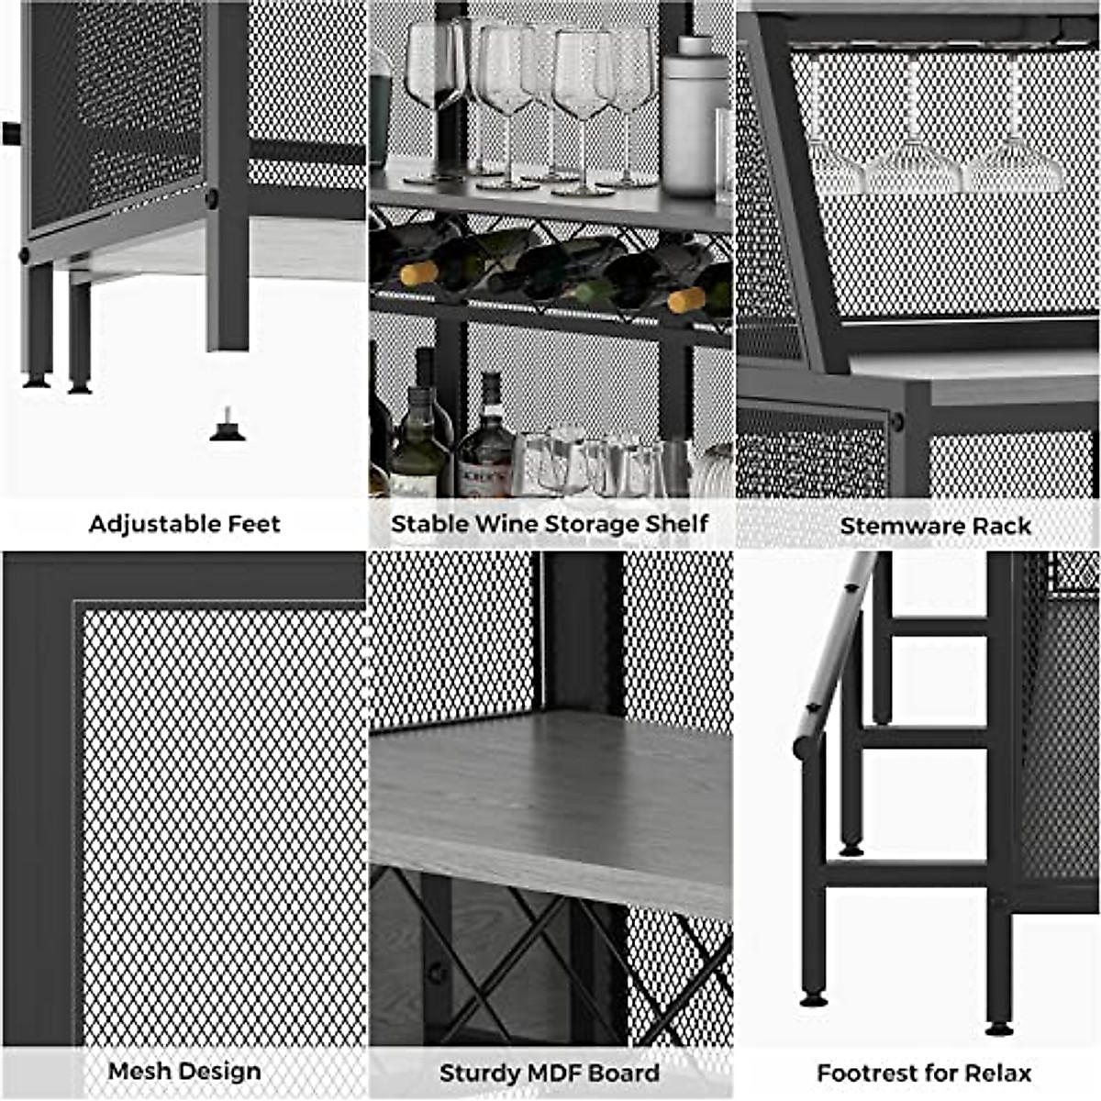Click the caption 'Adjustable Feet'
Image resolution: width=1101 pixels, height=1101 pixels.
coord(184,524)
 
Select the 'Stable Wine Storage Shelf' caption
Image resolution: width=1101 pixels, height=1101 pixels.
coord(550,524)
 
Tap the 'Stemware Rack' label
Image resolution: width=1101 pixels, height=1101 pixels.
coord(935,526)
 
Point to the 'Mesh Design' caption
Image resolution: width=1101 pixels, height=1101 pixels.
coord(184,1071)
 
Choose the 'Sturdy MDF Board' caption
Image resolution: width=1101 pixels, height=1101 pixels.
coord(550,1073)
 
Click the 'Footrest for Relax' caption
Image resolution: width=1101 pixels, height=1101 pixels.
coord(924,1073)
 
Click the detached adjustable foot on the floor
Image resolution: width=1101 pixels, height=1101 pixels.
coord(228,427)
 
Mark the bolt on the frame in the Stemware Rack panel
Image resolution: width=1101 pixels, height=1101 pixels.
coord(896,422)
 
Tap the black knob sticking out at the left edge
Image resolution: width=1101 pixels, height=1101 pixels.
coord(11,134)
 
